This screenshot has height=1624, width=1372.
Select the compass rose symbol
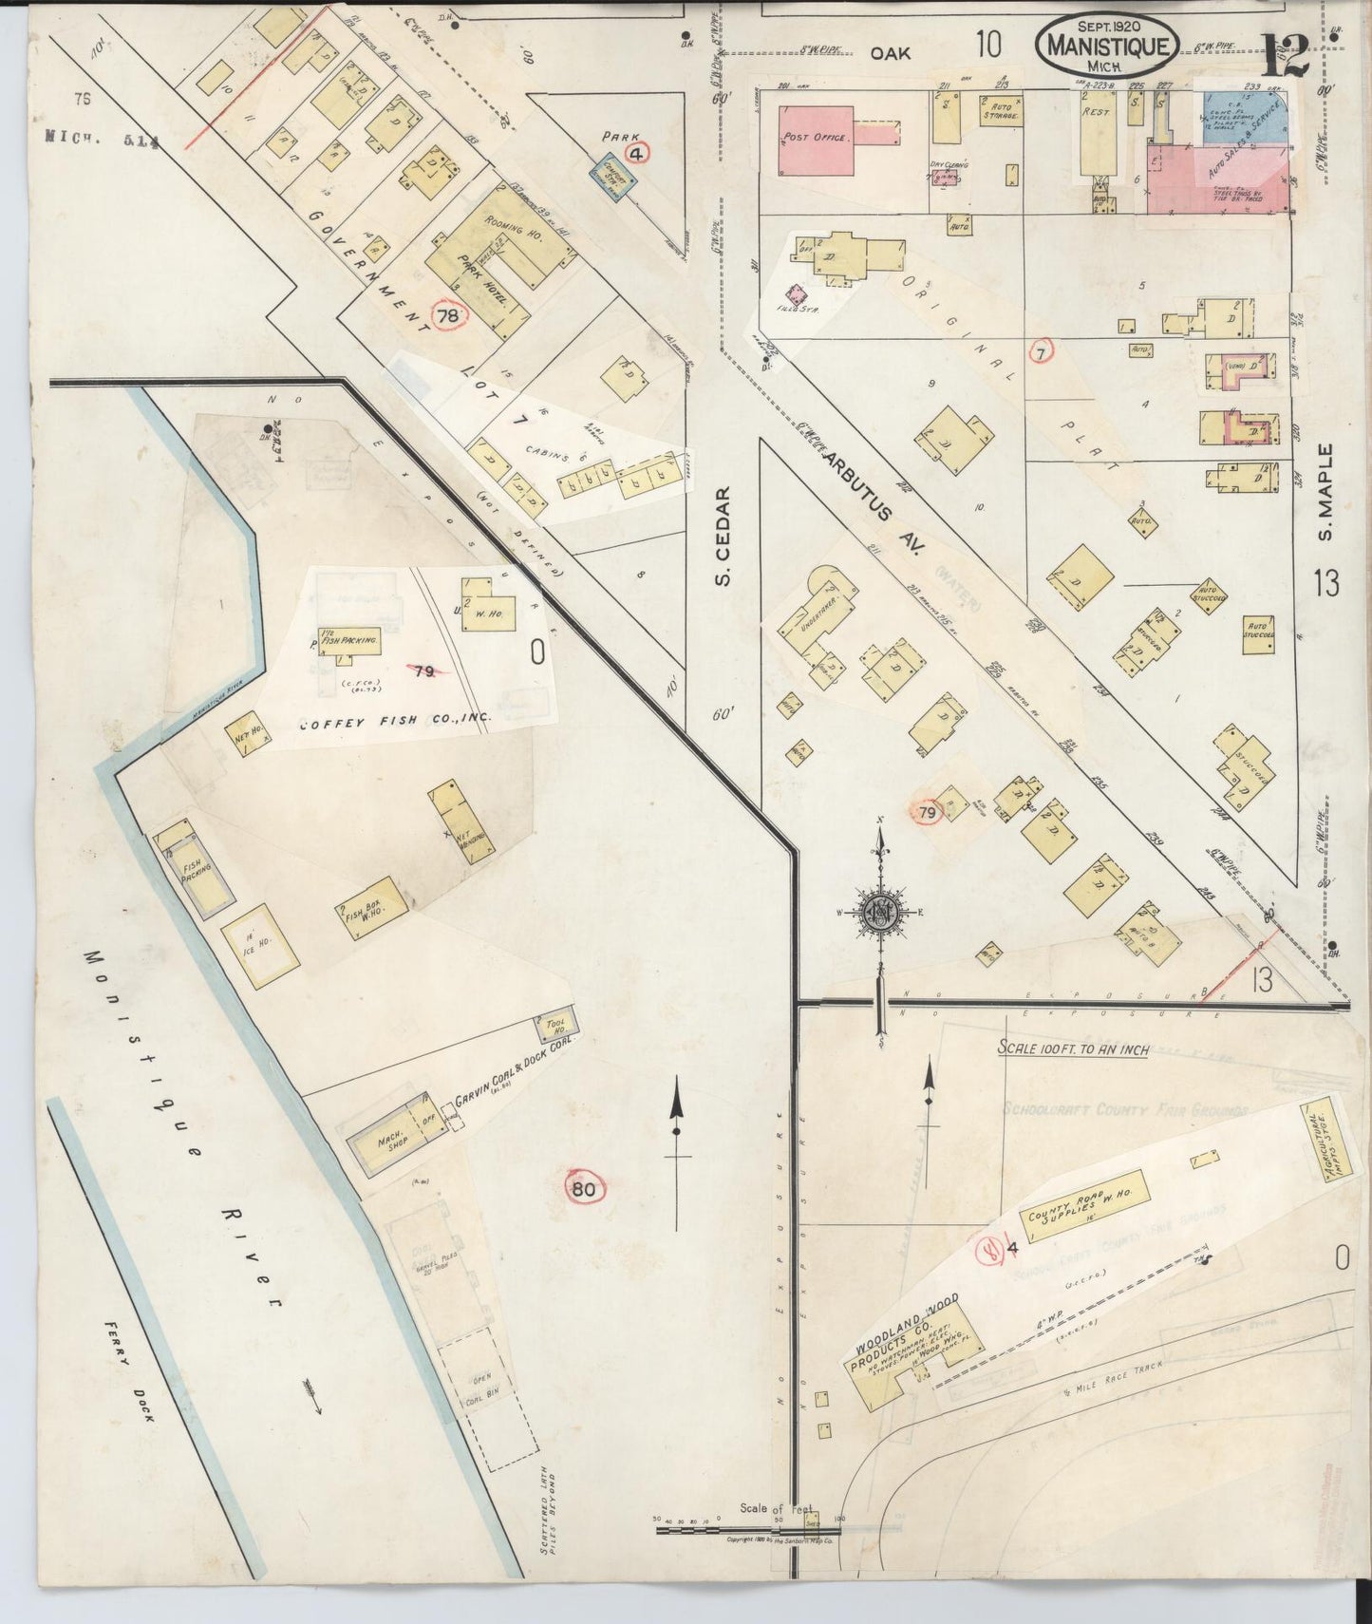(881, 911)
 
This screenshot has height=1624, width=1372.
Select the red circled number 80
(585, 1187)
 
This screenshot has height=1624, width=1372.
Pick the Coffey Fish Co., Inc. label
(395, 723)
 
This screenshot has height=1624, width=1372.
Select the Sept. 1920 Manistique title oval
(1107, 45)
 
